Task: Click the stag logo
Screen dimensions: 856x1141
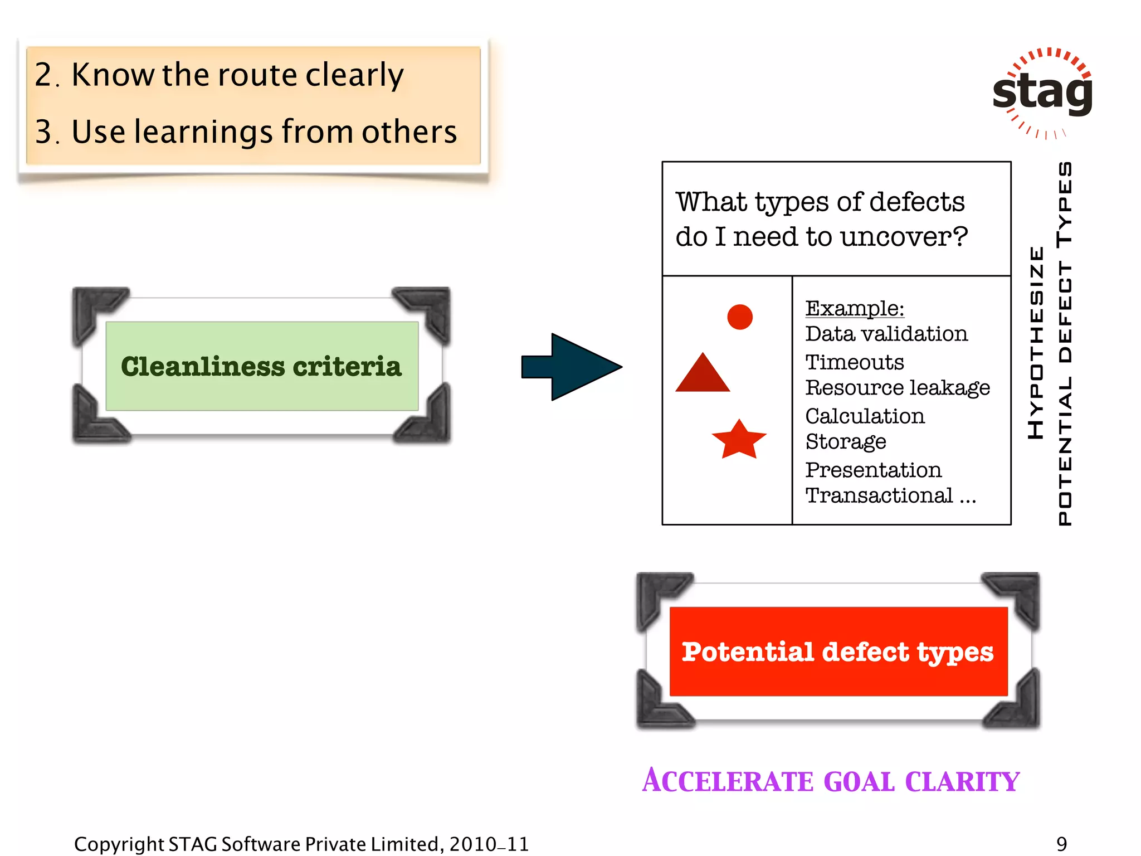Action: [1042, 92]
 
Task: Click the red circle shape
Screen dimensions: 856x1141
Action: [739, 317]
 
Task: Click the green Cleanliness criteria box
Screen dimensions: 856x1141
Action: [262, 366]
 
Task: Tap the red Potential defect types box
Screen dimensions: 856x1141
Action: [838, 651]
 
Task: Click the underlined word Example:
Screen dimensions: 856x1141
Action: [855, 308]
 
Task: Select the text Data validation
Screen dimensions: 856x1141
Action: [886, 334]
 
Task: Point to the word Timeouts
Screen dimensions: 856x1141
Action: [855, 362]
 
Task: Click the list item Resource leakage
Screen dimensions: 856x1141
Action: [898, 388]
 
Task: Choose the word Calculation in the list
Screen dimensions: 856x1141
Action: [865, 416]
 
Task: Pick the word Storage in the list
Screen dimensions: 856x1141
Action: [846, 442]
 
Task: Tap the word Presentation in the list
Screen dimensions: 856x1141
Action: [873, 470]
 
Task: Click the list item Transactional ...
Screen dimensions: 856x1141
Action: [879, 495]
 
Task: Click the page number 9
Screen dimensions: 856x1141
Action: [1062, 844]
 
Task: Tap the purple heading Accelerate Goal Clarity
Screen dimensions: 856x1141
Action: [830, 781]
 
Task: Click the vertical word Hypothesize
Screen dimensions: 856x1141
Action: [1036, 343]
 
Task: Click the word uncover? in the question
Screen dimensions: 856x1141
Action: [904, 237]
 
